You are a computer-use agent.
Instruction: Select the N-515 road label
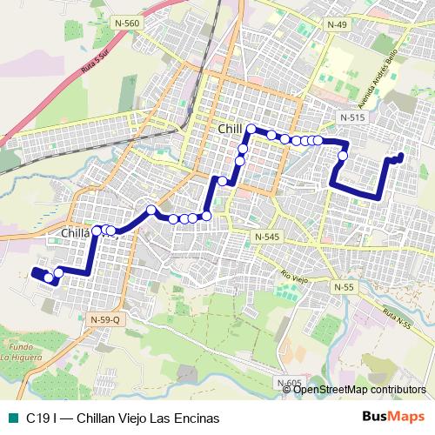point(352,117)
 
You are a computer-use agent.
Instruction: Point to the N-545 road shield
point(266,237)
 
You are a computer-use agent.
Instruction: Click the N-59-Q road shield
point(105,320)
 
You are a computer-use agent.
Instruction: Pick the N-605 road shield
point(290,383)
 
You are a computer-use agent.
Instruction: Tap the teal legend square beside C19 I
point(11,418)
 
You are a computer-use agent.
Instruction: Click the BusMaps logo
point(393,417)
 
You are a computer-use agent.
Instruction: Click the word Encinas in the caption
point(197,418)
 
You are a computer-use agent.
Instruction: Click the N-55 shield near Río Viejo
point(345,286)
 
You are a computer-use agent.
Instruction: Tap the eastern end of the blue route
point(400,157)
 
